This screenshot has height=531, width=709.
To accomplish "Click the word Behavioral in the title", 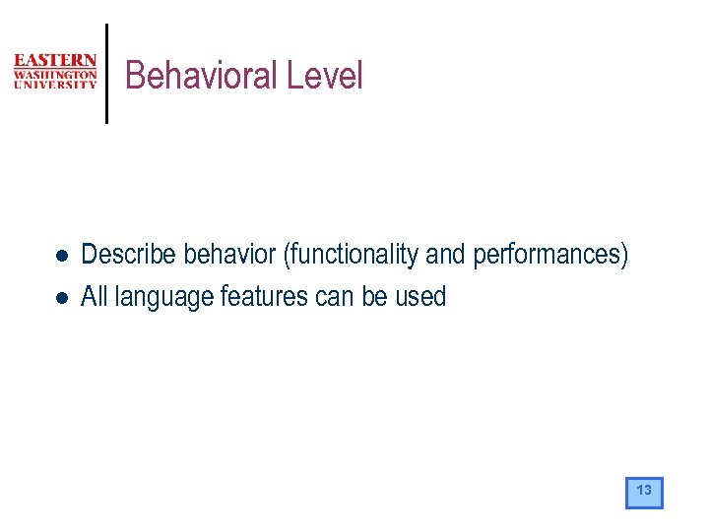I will point(202,76).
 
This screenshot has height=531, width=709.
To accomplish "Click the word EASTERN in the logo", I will point(55,61).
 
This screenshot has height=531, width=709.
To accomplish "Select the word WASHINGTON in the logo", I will point(55,74).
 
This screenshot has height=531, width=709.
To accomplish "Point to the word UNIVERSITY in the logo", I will point(55,85).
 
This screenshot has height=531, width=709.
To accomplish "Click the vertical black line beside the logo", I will point(106,74).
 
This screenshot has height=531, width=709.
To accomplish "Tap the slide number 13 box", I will point(644,492).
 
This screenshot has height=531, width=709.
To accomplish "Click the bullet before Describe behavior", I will point(61,256).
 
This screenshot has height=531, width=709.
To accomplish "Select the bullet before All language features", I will point(61,297).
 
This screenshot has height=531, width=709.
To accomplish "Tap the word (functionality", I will point(352,255).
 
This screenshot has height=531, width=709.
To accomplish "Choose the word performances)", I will point(550,255).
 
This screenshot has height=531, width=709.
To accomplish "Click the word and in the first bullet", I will point(446,255).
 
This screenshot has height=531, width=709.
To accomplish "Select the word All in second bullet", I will point(95,296).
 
